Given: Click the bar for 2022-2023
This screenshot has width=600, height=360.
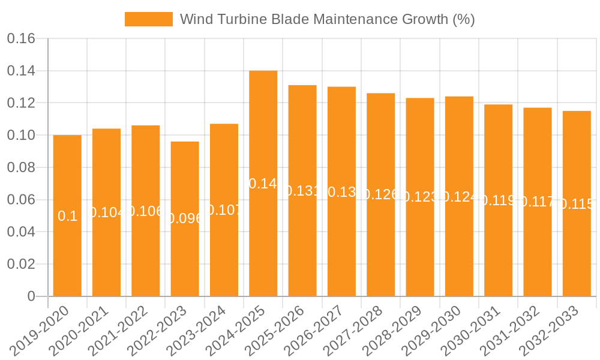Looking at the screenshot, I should tap(185, 218).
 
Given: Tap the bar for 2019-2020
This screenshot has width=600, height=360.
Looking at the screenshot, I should tap(67, 215).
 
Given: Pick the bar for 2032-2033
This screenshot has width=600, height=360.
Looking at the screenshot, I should tap(577, 203).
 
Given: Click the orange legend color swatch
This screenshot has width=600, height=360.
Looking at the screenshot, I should tap(148, 19).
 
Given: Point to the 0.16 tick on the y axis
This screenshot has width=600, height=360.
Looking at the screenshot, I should tap(21, 39).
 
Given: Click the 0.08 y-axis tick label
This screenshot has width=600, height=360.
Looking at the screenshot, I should tap(21, 168).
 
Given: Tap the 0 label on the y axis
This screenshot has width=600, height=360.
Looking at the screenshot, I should tap(31, 296).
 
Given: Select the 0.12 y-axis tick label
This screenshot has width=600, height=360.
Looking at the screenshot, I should tap(21, 103).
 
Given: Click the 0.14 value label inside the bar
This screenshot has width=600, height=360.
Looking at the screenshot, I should tap(263, 184).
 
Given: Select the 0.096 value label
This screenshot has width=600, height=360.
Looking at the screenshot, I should tap(185, 218).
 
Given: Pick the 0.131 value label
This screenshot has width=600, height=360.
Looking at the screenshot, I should tap(302, 191).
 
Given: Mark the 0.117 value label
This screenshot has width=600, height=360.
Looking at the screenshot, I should tap(538, 202).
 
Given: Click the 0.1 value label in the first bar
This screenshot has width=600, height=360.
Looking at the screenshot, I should tap(67, 216).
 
